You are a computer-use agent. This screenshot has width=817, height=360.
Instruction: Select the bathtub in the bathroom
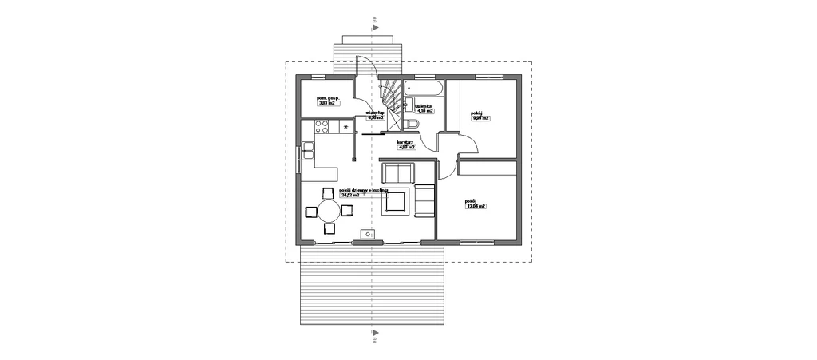(422, 87)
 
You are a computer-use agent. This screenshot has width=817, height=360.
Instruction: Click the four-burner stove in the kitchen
(322, 126)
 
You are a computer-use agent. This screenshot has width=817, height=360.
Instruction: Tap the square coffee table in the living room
(396, 201)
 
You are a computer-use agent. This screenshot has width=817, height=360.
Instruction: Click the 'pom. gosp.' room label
(329, 97)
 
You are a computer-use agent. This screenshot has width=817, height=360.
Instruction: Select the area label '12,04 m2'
(476, 206)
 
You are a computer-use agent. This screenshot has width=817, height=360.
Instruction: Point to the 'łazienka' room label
(424, 106)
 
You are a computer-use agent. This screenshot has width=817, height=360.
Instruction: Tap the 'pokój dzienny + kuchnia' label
(363, 189)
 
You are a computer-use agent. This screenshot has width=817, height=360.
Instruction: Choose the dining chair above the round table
(328, 192)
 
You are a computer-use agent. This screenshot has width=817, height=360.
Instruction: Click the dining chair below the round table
(329, 229)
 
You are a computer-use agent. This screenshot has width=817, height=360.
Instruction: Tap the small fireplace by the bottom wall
(368, 234)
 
